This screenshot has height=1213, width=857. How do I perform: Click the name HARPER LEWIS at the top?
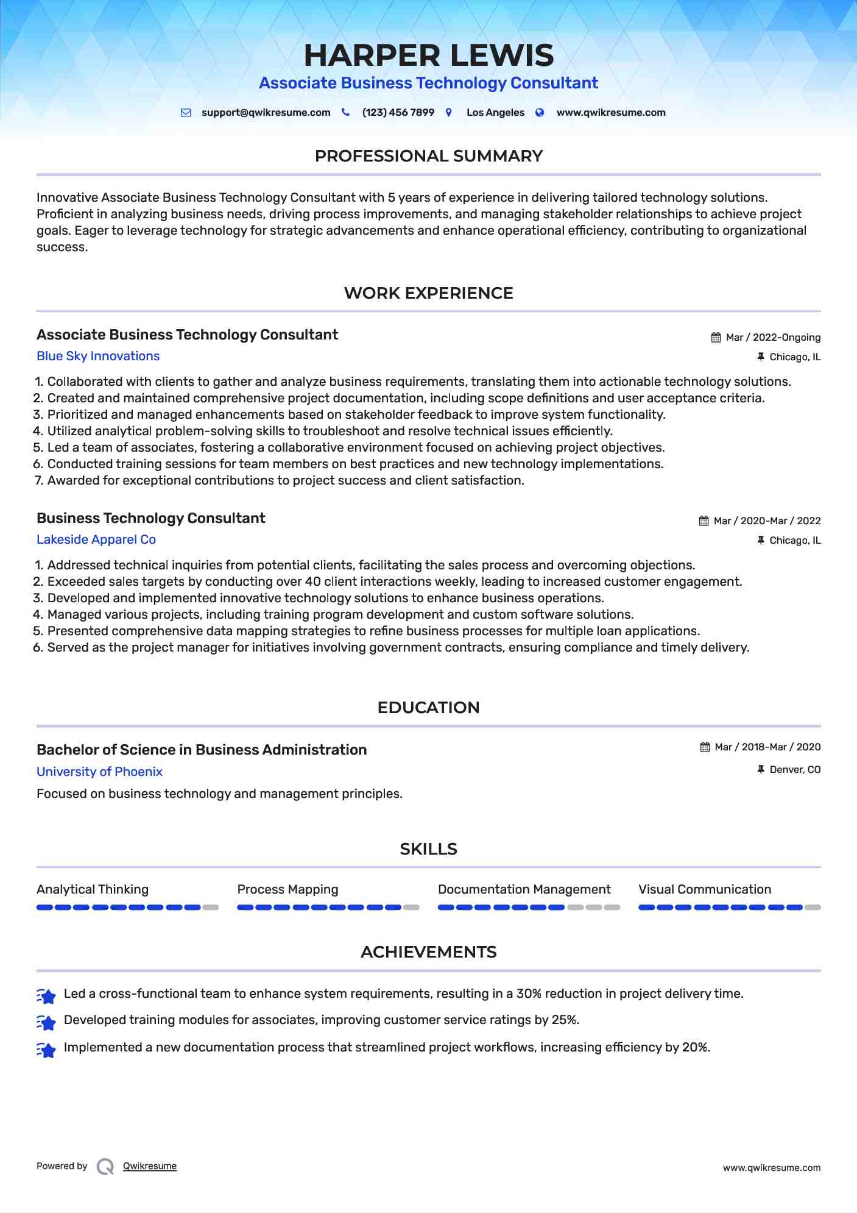click(429, 55)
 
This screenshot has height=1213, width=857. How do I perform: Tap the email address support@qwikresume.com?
click(266, 113)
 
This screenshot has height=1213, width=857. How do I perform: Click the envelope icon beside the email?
click(186, 113)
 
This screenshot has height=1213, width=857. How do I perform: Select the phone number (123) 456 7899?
click(398, 113)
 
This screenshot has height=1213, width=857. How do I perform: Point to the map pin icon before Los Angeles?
click(449, 113)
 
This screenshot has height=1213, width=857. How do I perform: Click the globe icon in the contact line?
click(540, 113)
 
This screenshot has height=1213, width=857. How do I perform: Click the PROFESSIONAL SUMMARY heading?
click(428, 156)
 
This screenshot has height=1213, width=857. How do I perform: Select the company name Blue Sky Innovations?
click(98, 357)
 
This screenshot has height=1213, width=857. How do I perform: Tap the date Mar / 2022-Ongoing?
click(773, 338)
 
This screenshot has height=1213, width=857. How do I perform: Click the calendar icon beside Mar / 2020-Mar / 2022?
click(704, 521)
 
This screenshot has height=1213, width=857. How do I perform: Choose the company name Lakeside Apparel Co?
click(96, 540)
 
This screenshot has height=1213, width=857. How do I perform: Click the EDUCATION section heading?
click(428, 708)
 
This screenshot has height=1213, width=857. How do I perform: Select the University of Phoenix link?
click(99, 772)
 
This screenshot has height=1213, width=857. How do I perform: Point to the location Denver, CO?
click(795, 770)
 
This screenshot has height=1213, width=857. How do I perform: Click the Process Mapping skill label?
click(287, 890)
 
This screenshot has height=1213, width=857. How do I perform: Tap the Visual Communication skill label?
click(705, 890)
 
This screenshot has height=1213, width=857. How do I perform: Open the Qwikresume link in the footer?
click(150, 1166)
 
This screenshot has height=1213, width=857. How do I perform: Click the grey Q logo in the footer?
click(105, 1167)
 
